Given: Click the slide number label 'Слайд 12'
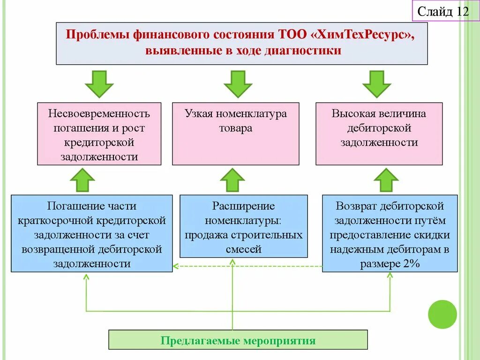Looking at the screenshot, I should click(x=443, y=11).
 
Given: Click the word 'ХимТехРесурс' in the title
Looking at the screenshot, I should click(x=362, y=35).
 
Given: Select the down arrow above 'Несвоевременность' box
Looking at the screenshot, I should click(x=99, y=83).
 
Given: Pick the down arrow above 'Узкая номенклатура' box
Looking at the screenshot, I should click(x=238, y=83).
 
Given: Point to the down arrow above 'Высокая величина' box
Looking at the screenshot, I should click(x=376, y=83).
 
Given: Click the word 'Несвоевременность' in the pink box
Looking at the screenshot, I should click(x=99, y=113).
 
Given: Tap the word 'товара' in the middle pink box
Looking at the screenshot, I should click(x=235, y=128).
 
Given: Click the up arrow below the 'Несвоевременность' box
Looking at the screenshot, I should click(x=82, y=180).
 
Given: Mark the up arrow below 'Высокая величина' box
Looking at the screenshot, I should click(x=386, y=180).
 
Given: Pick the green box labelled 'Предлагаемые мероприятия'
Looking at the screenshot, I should click(x=238, y=340).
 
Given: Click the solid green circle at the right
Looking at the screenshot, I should click(x=442, y=314).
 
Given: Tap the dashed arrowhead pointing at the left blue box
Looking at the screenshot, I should click(x=175, y=267).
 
